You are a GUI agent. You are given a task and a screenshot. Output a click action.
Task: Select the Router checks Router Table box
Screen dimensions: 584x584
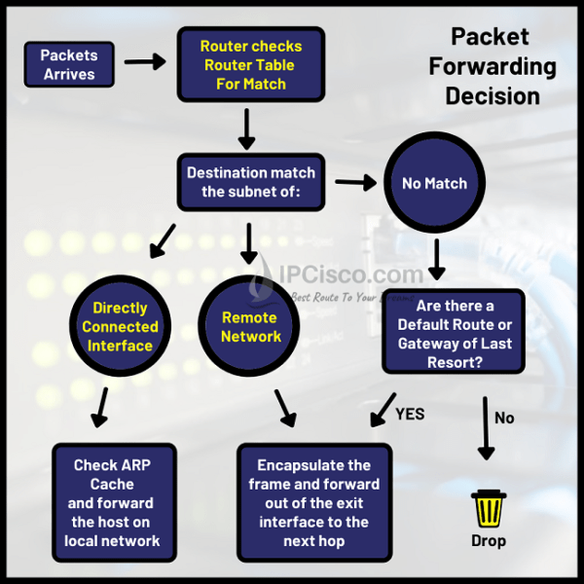click(x=250, y=64)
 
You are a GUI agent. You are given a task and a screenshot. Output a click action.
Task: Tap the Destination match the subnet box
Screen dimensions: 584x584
click(x=250, y=182)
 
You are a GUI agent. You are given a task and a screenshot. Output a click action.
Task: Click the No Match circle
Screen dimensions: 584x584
click(x=434, y=183)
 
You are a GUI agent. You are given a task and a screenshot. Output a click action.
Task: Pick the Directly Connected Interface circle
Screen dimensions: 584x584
click(x=121, y=327)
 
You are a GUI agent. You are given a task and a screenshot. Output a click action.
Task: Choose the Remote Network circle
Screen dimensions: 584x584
click(x=250, y=327)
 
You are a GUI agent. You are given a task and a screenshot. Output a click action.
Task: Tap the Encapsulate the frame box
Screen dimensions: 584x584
click(x=314, y=502)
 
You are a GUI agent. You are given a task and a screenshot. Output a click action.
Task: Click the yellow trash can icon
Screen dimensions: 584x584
click(x=488, y=508)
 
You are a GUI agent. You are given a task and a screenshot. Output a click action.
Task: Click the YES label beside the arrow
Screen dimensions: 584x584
click(x=411, y=413)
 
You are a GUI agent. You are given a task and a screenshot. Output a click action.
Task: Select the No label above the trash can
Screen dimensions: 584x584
click(x=504, y=417)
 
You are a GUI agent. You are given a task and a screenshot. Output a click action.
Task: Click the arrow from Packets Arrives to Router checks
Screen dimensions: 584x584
click(x=145, y=61)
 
